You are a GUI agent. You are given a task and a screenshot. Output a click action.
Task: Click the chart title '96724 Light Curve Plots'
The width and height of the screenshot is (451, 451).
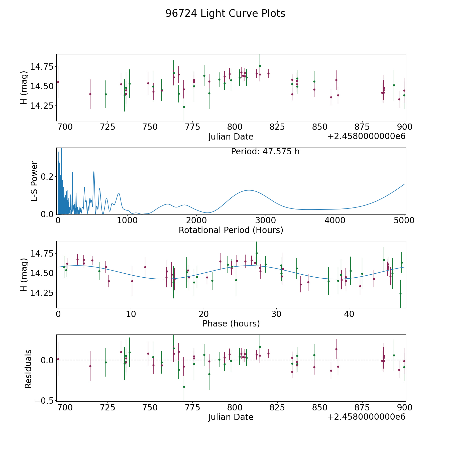point(225,14)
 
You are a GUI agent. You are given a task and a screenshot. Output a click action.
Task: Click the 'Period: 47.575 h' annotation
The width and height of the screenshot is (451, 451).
point(265,152)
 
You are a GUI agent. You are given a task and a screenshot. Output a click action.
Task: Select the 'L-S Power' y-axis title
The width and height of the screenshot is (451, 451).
point(35,181)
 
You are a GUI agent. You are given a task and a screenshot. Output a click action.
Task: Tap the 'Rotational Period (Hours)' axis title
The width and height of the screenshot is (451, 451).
point(231,230)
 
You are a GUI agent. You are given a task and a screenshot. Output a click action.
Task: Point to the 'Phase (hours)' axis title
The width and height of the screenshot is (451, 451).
point(231,323)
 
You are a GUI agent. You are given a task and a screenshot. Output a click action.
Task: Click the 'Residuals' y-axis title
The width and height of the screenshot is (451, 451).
point(28,369)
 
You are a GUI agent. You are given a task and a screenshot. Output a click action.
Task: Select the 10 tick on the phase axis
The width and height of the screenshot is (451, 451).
point(131,314)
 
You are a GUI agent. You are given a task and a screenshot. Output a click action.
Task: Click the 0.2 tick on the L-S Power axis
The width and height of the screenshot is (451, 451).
point(47,177)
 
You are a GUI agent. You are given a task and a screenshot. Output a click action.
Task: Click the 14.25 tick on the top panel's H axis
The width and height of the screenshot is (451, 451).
point(42,106)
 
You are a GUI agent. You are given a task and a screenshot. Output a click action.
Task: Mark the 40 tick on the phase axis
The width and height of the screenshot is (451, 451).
point(349,314)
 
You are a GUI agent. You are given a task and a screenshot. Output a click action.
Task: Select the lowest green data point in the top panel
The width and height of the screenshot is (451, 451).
point(184,107)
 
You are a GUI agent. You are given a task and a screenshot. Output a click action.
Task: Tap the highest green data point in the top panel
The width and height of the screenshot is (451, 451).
point(260,66)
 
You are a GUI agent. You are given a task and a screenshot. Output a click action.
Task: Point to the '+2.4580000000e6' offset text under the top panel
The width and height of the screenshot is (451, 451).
point(366,137)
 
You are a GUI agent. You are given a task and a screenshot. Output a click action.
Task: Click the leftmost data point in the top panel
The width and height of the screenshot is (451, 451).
point(58,82)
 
